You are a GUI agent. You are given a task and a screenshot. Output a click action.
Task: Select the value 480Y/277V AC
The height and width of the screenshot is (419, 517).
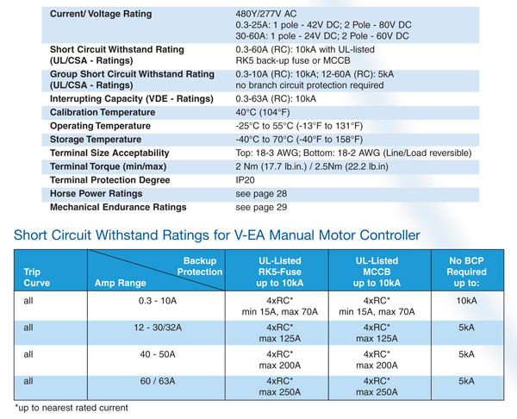click(x=271, y=15)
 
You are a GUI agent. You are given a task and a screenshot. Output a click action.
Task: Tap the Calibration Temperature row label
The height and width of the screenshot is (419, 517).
click(x=116, y=112)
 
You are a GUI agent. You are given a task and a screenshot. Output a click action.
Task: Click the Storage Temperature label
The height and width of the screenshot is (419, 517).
click(x=103, y=139)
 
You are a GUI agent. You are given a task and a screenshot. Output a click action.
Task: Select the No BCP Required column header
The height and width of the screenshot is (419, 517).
click(x=467, y=271)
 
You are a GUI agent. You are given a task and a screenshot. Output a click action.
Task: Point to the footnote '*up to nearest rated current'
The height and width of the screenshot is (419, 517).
click(x=71, y=405)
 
